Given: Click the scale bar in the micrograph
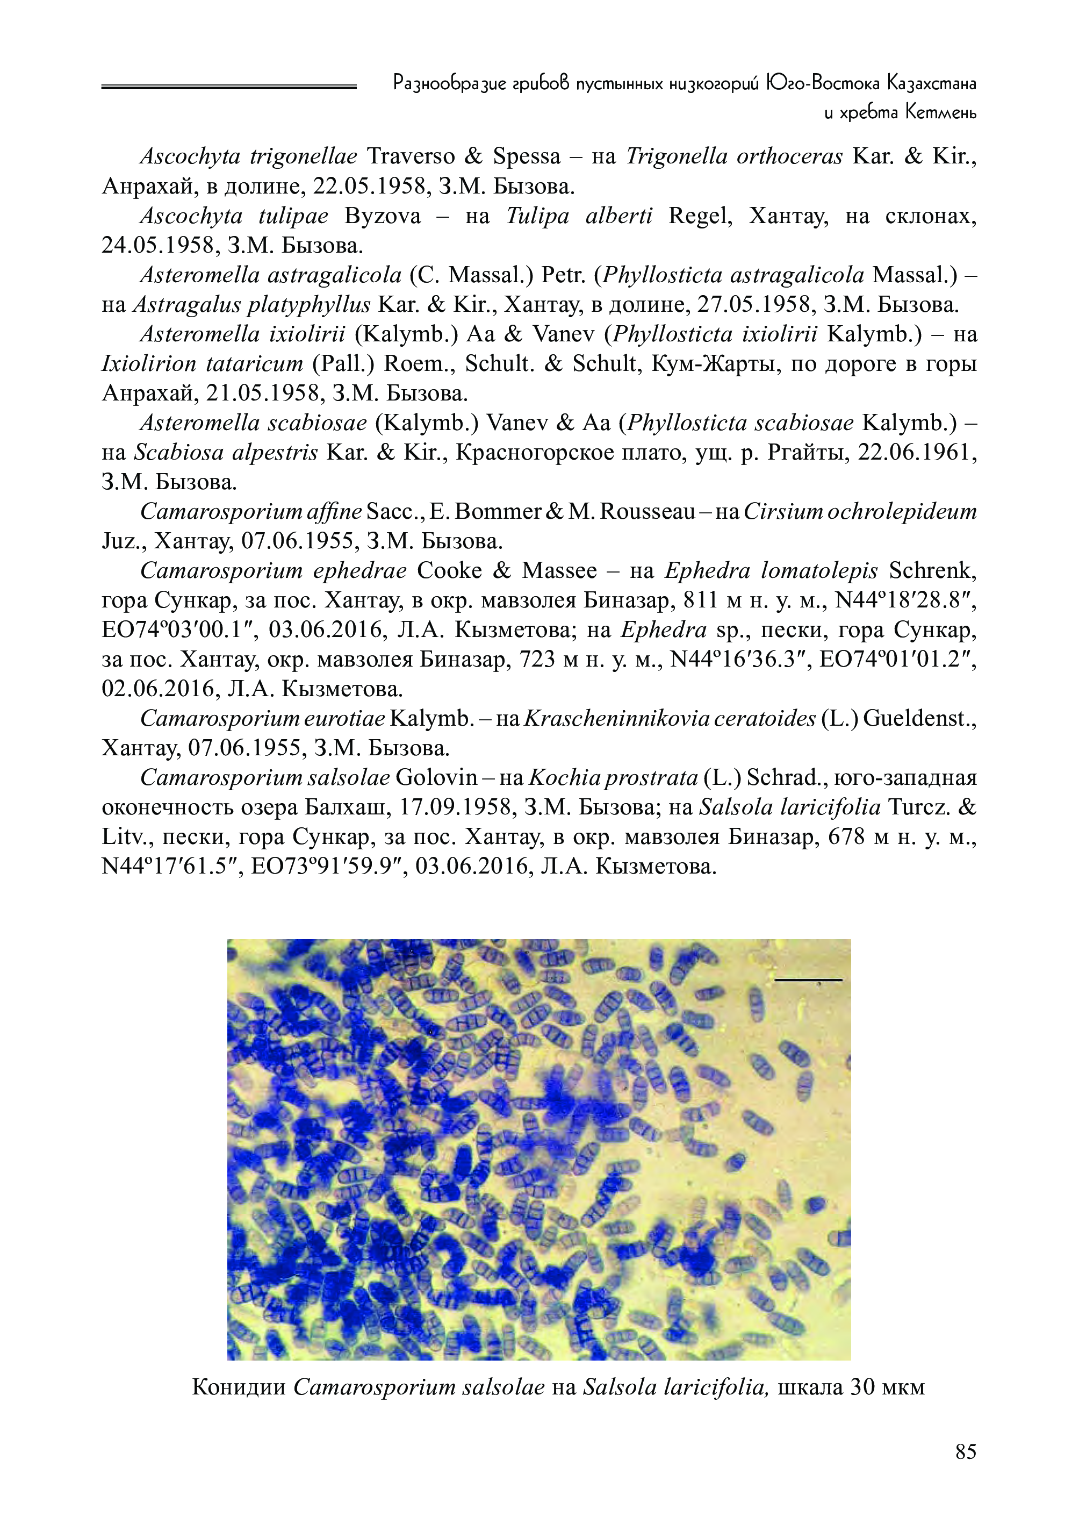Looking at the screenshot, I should click(808, 979).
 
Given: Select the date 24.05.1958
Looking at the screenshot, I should click(157, 246).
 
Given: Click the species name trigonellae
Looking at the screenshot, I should click(304, 157).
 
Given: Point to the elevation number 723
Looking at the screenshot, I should click(536, 660).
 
